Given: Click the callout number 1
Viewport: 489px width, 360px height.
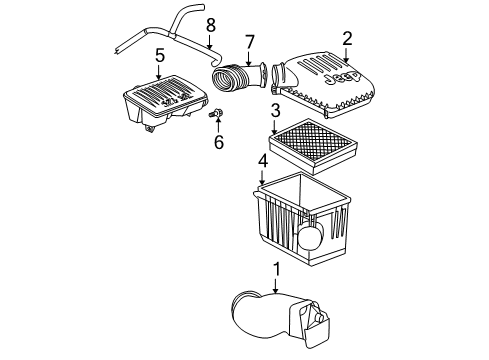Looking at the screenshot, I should coord(277,268).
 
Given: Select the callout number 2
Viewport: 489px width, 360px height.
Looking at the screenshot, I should coord(347,38).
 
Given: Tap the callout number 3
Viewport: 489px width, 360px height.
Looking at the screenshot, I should coord(274,111).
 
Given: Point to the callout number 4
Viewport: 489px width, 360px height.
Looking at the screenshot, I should coord(262,160).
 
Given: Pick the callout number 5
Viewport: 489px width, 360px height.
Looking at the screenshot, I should coord(158,56).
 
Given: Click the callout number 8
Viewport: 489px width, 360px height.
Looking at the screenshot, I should coord(210,23).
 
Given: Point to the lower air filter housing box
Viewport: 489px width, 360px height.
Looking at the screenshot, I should coord(300,225).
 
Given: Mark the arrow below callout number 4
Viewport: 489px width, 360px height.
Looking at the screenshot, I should coord(262,178).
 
